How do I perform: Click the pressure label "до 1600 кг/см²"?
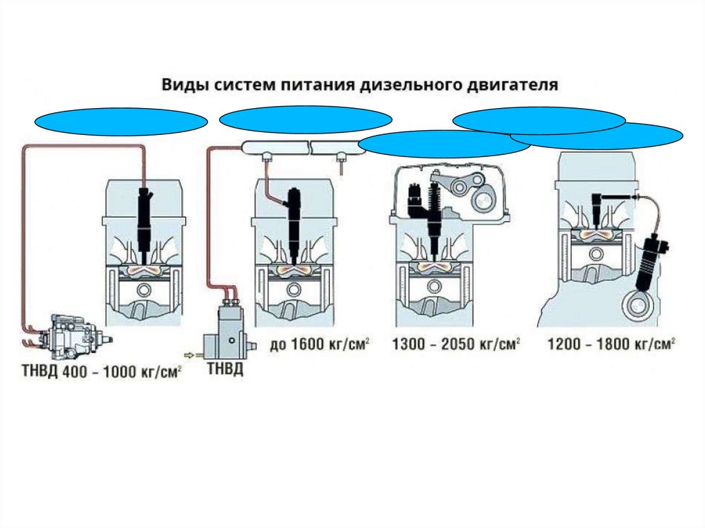pos(320,344)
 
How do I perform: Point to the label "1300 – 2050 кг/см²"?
pos(455,344)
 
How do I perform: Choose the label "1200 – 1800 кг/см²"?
pos(609,344)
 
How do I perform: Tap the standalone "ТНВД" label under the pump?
pos(225,371)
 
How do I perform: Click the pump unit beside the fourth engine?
pos(652,262)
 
